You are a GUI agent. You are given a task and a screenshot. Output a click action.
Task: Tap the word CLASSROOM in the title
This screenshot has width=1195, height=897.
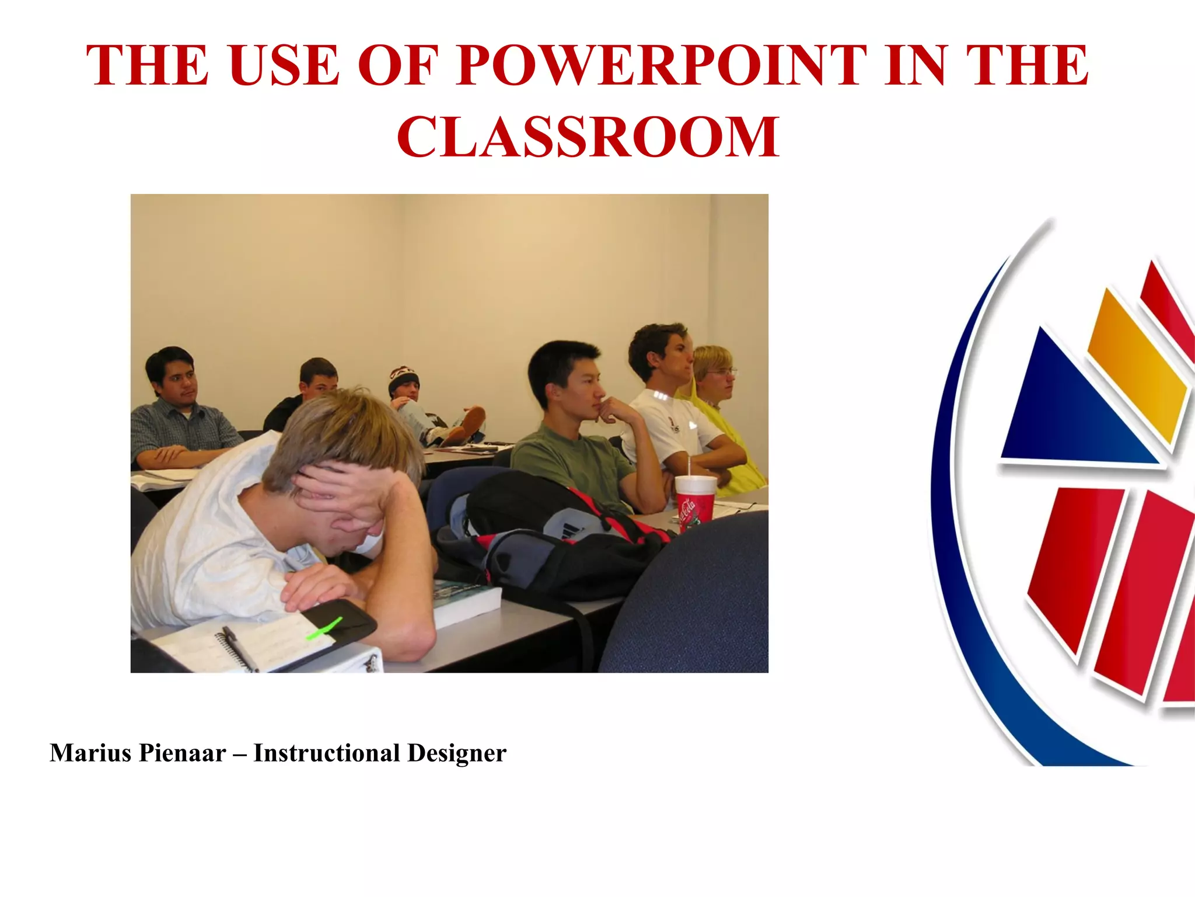(x=588, y=137)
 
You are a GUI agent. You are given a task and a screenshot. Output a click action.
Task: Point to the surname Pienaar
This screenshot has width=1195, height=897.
(x=182, y=753)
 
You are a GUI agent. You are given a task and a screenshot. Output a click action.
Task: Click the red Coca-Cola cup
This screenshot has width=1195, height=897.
(x=695, y=502)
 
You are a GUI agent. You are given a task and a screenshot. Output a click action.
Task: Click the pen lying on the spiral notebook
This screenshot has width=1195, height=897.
(x=240, y=648)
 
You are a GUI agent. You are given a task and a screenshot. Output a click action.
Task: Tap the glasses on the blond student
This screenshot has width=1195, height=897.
(x=725, y=371)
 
